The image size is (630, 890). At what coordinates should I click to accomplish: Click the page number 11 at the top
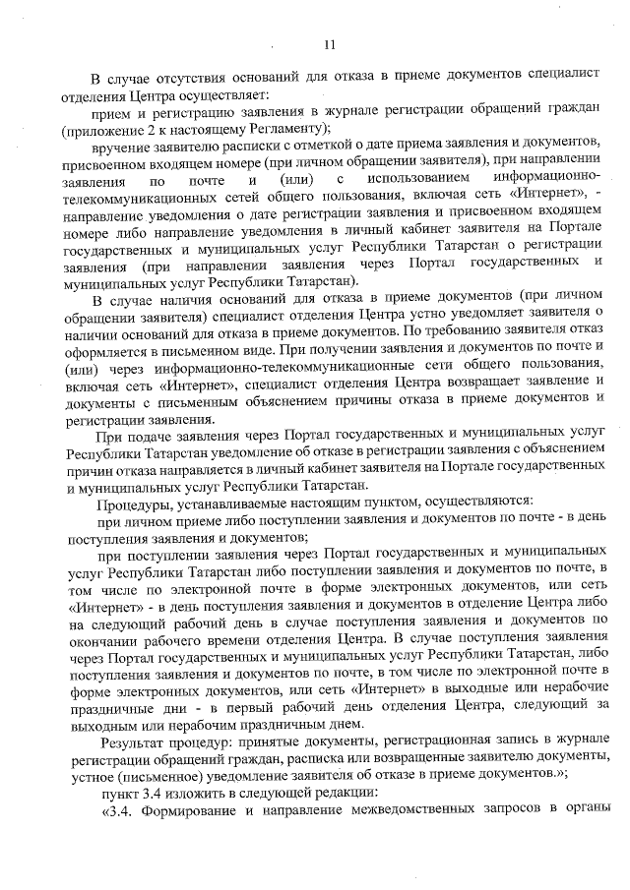click(329, 43)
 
